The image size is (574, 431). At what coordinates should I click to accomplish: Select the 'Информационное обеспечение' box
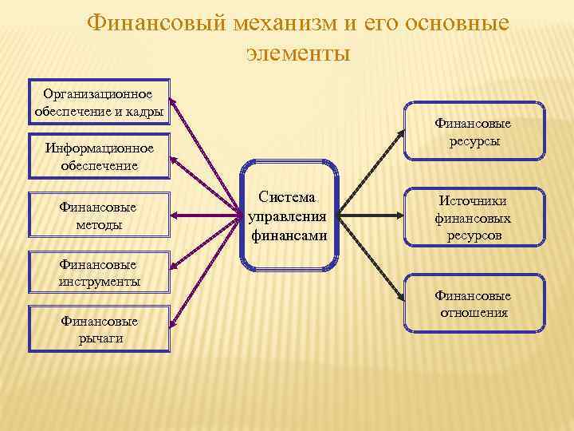coord(99,156)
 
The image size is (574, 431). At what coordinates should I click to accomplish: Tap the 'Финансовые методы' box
coord(99,215)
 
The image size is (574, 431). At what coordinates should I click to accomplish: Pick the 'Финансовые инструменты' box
coord(99,273)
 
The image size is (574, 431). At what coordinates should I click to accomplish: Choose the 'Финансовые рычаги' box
coord(99,329)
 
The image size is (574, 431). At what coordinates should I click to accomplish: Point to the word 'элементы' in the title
coord(297,53)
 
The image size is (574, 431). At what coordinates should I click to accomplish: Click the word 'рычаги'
coord(99,338)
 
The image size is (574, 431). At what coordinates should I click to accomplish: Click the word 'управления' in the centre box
coord(289,217)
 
